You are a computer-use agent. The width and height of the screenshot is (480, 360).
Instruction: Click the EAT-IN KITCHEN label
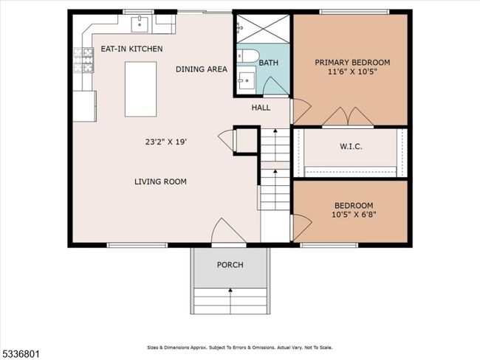pyautogui.click(x=131, y=49)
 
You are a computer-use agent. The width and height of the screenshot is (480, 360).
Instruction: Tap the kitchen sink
pyautogui.click(x=140, y=24)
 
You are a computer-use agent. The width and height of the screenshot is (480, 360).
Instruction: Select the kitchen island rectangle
pyautogui.click(x=140, y=89)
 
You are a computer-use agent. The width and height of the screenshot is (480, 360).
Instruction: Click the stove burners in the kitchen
pyautogui.click(x=83, y=60)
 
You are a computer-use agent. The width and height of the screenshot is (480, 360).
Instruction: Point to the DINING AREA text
pyautogui.click(x=202, y=69)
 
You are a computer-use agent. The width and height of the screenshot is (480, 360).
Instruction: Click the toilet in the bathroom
pyautogui.click(x=248, y=56)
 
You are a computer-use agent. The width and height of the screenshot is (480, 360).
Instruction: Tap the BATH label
pyautogui.click(x=269, y=63)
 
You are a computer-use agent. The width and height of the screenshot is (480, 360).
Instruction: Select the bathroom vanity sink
pyautogui.click(x=247, y=80)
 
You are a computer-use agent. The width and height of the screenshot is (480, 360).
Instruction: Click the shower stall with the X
pyautogui.click(x=264, y=29)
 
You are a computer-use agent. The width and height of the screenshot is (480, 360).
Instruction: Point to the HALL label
pyautogui.click(x=261, y=108)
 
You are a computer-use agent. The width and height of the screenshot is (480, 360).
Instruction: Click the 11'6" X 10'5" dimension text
pyautogui.click(x=352, y=72)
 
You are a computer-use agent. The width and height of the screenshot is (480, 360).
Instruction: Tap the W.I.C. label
pyautogui.click(x=351, y=147)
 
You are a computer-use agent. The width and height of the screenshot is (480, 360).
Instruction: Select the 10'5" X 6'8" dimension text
pyautogui.click(x=354, y=215)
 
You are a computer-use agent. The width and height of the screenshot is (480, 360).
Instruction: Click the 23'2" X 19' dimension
pyautogui.click(x=166, y=142)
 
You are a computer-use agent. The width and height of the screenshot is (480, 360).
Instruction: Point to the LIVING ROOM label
pyautogui.click(x=160, y=181)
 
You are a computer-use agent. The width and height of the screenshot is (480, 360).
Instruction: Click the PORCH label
pyautogui.click(x=230, y=265)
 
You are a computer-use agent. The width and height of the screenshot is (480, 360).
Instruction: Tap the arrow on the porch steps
pyautogui.click(x=230, y=301)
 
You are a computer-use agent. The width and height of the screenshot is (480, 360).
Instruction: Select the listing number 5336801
pyautogui.click(x=20, y=355)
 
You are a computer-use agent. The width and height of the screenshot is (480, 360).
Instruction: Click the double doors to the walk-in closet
pyautogui.click(x=348, y=117)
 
